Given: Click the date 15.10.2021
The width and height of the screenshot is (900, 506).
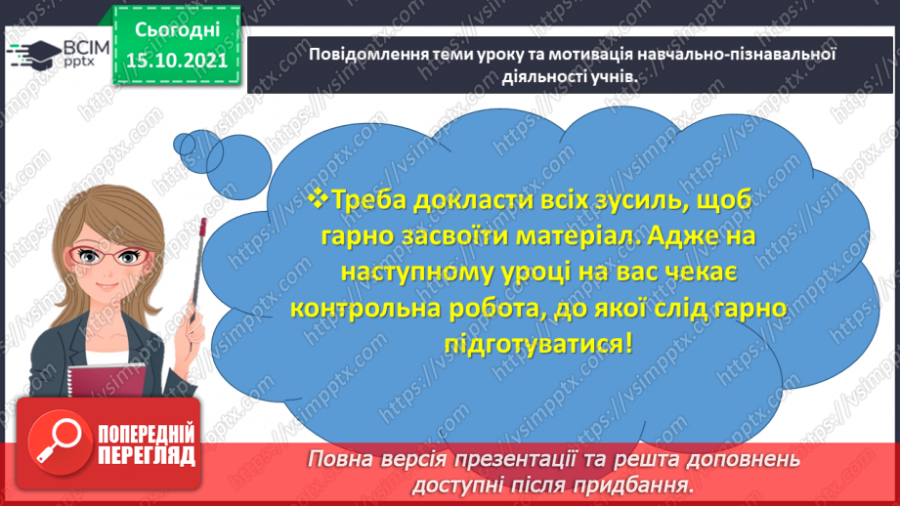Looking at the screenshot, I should click(176, 61).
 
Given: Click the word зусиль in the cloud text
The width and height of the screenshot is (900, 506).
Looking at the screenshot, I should click(556, 201).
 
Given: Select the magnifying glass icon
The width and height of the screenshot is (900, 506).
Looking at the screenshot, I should click(54, 442).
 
